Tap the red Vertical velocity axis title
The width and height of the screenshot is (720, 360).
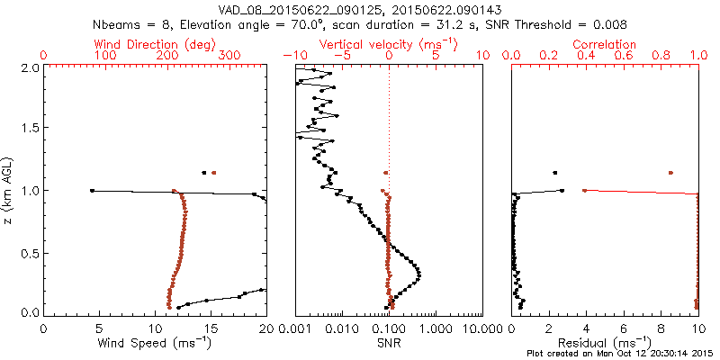pos(389,44)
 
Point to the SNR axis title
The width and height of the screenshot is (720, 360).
pos(389,343)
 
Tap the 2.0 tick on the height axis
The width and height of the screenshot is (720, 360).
pos(29,67)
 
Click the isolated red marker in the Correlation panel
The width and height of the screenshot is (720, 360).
pos(670,172)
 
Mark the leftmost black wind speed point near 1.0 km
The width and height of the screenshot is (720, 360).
pos(92,190)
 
